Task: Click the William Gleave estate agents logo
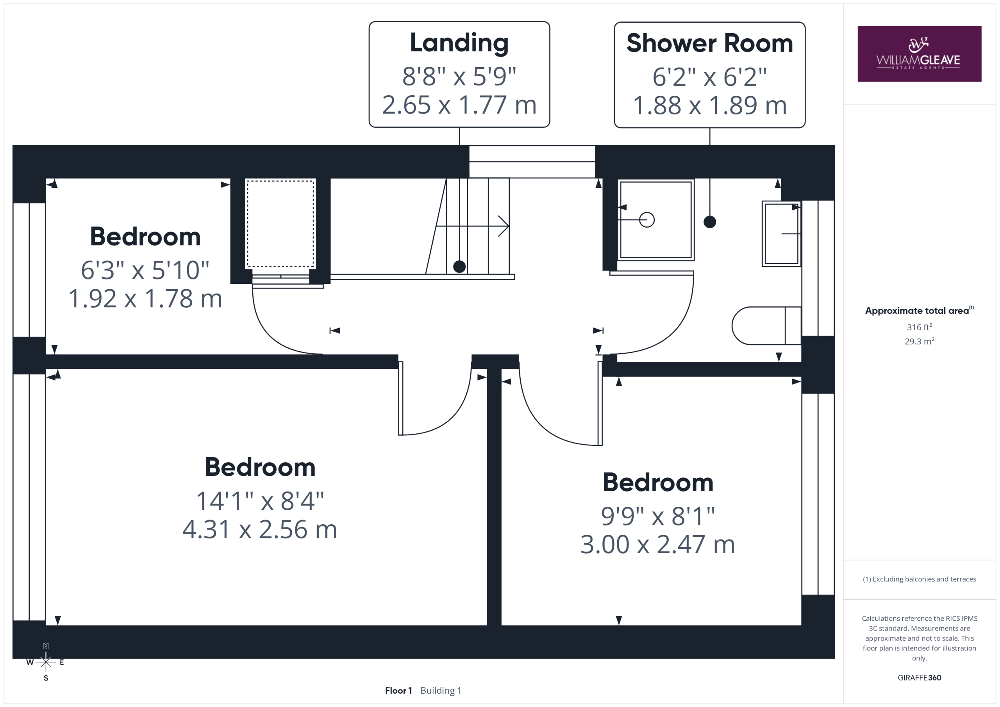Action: coord(920,54)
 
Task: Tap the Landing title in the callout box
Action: coord(459,43)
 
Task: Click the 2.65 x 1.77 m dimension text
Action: coord(459,105)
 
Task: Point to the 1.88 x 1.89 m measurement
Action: coord(709,105)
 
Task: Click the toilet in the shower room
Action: coord(766,326)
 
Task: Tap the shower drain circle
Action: coord(647,220)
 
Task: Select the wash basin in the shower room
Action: coord(781,234)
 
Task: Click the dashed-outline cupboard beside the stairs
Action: coord(280,223)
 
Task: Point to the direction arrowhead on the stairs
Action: coord(504,226)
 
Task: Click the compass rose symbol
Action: coord(46,662)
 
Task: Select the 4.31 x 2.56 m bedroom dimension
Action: coord(260,530)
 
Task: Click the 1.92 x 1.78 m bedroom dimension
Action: coord(145,299)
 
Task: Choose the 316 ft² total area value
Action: coord(920,327)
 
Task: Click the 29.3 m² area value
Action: coord(920,341)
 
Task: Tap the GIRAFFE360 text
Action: coord(920,678)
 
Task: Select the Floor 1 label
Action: coord(398,691)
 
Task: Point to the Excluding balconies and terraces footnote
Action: coord(920,579)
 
